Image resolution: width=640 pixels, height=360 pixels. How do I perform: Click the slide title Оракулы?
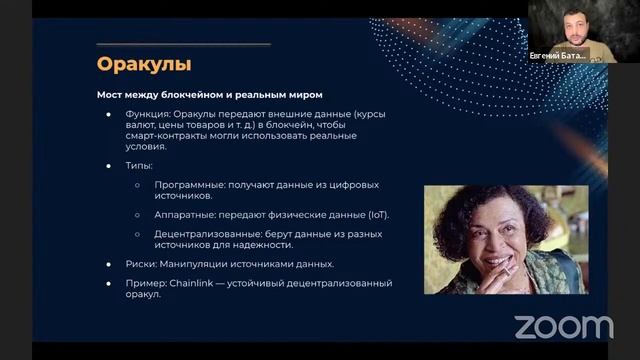tap(144, 65)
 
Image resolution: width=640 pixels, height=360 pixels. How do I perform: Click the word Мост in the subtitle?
tap(110, 95)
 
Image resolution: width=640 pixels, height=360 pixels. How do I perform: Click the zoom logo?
tap(563, 326)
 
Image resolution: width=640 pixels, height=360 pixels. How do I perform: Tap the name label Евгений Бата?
tap(558, 56)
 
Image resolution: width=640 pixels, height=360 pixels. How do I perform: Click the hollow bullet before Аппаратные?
tap(137, 214)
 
